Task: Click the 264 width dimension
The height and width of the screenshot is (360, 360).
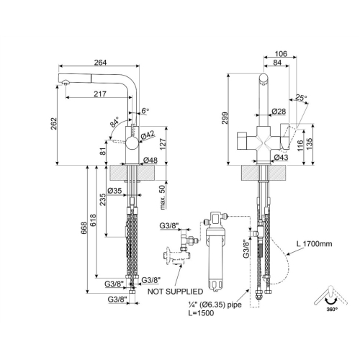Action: [100, 63]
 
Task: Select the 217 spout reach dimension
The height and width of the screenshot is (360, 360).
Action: [100, 94]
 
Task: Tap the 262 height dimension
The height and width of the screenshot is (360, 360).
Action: [54, 124]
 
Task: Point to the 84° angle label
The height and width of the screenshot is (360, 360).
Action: [114, 122]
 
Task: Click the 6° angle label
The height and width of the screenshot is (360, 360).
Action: [145, 111]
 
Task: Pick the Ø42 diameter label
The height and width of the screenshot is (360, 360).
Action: [148, 135]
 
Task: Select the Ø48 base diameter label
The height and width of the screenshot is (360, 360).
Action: [150, 160]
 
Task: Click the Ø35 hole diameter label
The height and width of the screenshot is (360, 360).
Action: [114, 191]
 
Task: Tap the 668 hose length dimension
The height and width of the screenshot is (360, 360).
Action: [84, 228]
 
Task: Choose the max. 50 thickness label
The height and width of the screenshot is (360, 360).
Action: [163, 197]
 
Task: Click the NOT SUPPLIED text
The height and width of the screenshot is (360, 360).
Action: [175, 292]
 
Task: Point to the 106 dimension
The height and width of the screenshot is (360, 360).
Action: [281, 53]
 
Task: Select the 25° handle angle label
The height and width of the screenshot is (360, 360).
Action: [301, 97]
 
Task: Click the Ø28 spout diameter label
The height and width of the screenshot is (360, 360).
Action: [279, 111]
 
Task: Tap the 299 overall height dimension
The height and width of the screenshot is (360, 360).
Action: [225, 117]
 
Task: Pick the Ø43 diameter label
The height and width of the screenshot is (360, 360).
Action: [281, 157]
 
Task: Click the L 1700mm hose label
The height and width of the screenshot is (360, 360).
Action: [314, 244]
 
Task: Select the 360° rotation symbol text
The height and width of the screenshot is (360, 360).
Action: [332, 309]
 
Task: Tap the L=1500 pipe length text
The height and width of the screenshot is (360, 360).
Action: [201, 313]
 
